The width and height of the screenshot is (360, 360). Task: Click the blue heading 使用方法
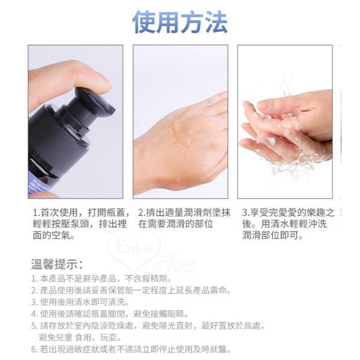click(x=180, y=22)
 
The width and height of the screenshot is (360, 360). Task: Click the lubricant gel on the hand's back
click(x=182, y=133)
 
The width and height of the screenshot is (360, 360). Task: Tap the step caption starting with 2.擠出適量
click(x=184, y=218)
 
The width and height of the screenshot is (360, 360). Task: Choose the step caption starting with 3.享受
click(x=288, y=224)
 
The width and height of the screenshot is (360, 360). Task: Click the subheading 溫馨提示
click(x=57, y=264)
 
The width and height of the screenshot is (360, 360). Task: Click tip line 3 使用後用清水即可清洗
click(x=80, y=302)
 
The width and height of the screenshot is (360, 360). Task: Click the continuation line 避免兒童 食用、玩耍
click(x=79, y=337)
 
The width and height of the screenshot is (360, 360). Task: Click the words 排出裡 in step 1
click(x=115, y=224)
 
